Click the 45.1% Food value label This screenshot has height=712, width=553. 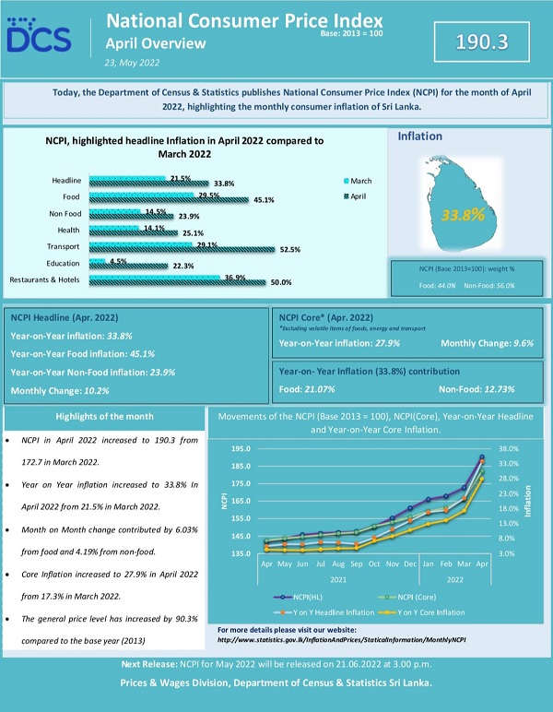264,199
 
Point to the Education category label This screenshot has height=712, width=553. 64,263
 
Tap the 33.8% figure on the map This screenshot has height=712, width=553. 463,215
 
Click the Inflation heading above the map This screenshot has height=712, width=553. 419,136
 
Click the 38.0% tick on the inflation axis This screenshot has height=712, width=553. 509,449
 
